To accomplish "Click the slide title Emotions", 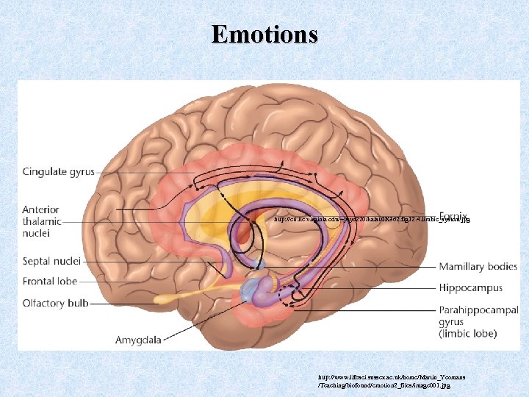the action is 264,34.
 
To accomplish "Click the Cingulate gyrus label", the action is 59,172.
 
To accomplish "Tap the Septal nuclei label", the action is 51,261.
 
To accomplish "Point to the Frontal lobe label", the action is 50,281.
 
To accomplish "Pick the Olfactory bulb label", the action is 55,303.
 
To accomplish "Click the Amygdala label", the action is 139,340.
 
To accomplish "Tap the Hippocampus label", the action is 470,288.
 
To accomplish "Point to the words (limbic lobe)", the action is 468,334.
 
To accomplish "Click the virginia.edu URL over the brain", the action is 371,219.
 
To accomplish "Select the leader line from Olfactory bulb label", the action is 132,303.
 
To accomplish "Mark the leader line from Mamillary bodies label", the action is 353,266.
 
